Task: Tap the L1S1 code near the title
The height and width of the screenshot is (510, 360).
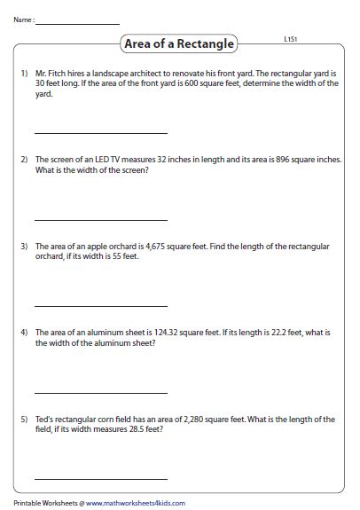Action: click(x=289, y=40)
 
